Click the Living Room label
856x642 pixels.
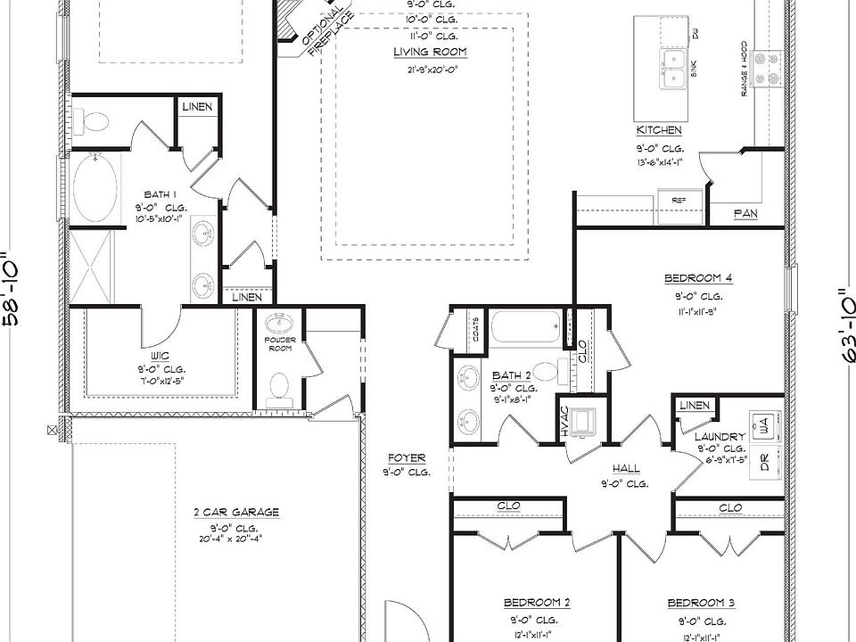coord(430,52)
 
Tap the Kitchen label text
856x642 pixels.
coord(659,130)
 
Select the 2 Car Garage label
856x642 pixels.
coord(236,512)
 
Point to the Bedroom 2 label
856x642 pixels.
coord(536,601)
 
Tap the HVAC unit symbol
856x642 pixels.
coord(583,419)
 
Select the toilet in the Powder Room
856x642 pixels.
coord(279,386)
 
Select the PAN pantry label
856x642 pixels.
coord(745,214)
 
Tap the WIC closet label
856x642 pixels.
coord(160,355)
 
